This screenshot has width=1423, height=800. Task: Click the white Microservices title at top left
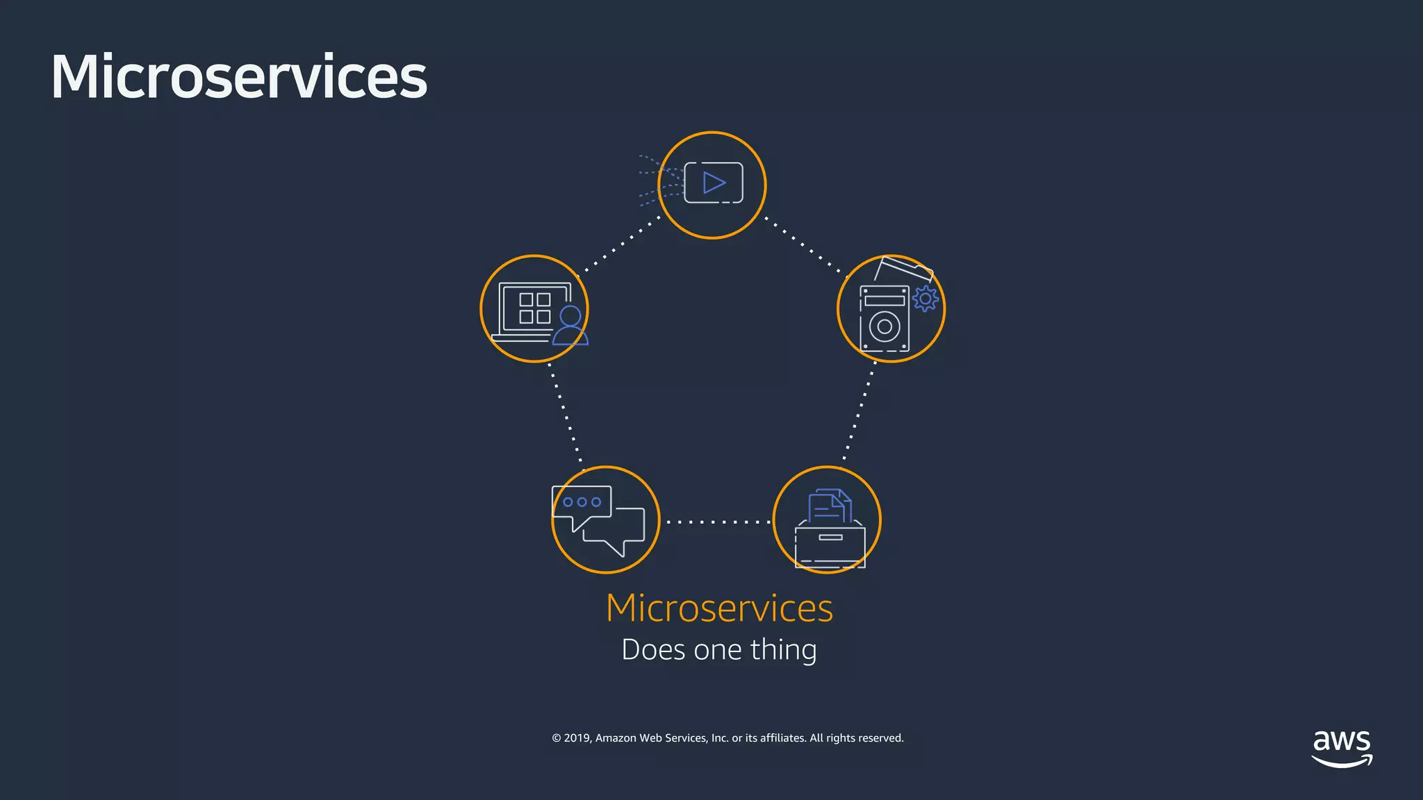[x=238, y=76]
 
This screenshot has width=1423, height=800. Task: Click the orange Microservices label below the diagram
[x=719, y=608]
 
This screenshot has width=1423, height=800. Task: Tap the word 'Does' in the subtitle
[x=653, y=650]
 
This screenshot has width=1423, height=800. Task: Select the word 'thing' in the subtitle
[x=783, y=650]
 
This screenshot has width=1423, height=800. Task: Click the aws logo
[x=1342, y=747]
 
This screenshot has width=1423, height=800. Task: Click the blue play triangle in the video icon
[x=714, y=183]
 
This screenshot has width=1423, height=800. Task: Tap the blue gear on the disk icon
[x=925, y=299]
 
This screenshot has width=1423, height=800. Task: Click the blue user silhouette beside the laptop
[x=570, y=326]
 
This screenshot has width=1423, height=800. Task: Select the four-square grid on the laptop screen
[x=535, y=308]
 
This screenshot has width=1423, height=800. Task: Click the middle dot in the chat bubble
[x=582, y=502]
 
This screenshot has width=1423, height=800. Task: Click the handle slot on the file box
[x=830, y=537]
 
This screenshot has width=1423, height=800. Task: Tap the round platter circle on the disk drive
[x=885, y=326]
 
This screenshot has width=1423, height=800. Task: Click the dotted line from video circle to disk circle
[x=805, y=246]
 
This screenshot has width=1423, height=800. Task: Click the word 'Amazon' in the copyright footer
[x=616, y=738]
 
